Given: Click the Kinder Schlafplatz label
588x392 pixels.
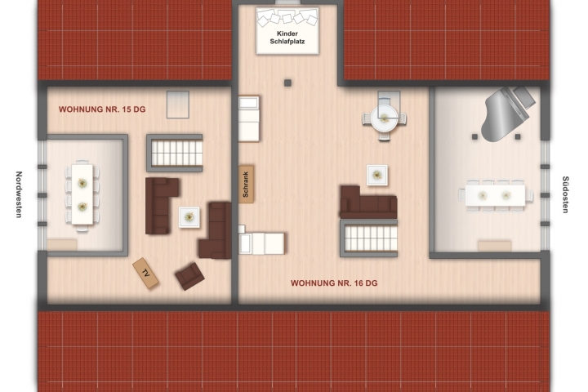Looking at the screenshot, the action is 287,38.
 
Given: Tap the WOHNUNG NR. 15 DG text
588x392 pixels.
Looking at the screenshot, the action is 102,109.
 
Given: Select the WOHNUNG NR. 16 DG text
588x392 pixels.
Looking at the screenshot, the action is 334,283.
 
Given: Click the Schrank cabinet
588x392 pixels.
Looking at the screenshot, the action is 246,185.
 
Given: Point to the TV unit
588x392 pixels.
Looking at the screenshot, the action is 145,273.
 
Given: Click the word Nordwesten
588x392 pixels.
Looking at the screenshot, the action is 19,194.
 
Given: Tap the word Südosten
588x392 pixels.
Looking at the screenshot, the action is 565,194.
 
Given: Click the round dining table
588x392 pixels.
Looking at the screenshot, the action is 385,118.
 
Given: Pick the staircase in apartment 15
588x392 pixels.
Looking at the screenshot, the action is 175,153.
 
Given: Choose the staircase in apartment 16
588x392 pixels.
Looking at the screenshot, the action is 368,238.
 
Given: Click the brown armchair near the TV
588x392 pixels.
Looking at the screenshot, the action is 189,276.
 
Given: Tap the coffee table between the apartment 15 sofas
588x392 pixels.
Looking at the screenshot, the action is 189,217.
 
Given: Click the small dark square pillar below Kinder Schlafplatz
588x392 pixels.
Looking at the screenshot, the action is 287,83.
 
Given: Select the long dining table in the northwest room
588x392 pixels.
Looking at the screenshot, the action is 82,194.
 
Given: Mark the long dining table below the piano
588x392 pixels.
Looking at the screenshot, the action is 495,195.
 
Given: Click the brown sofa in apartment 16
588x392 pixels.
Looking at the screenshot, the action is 368,202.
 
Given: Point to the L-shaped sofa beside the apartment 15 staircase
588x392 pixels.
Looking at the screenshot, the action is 161,206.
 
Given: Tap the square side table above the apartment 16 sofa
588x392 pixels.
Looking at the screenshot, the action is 377,176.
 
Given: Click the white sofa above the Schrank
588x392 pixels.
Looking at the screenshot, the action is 249,118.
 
